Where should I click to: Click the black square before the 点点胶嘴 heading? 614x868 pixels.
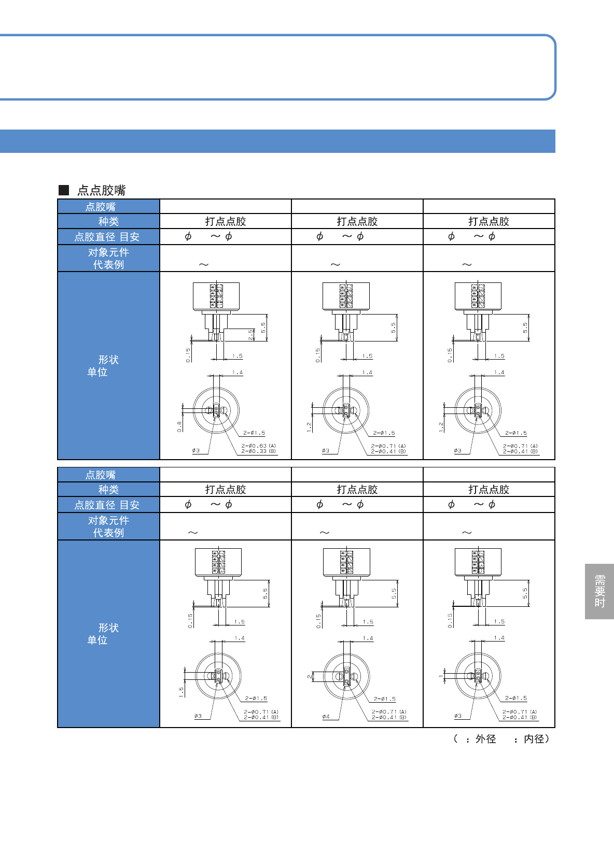point(64,190)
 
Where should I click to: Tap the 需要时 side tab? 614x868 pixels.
point(599,591)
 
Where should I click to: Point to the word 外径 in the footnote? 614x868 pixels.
point(485,739)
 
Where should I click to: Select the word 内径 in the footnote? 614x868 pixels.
point(534,739)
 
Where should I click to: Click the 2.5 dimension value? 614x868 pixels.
point(251,335)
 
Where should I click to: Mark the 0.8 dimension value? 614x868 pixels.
point(180,426)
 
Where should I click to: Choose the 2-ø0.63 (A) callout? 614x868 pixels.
point(259,446)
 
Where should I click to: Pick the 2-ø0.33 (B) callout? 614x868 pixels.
point(259,451)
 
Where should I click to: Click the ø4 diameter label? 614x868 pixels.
point(326,717)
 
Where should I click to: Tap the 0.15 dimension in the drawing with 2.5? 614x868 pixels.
point(188,355)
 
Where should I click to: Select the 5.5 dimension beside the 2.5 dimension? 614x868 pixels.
point(263,328)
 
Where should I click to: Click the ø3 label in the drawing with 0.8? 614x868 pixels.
point(196,451)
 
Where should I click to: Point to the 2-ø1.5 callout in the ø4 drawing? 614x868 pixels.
point(384,699)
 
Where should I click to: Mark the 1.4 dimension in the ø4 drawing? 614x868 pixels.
point(368,638)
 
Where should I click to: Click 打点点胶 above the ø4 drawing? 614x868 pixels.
point(357,490)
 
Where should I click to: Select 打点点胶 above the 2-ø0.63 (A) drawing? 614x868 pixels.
point(225,222)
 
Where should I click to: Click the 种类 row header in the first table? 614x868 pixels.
point(108,222)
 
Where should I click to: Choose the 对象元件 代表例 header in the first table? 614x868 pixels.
point(108,259)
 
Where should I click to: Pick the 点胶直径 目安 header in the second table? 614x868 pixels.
point(107,505)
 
